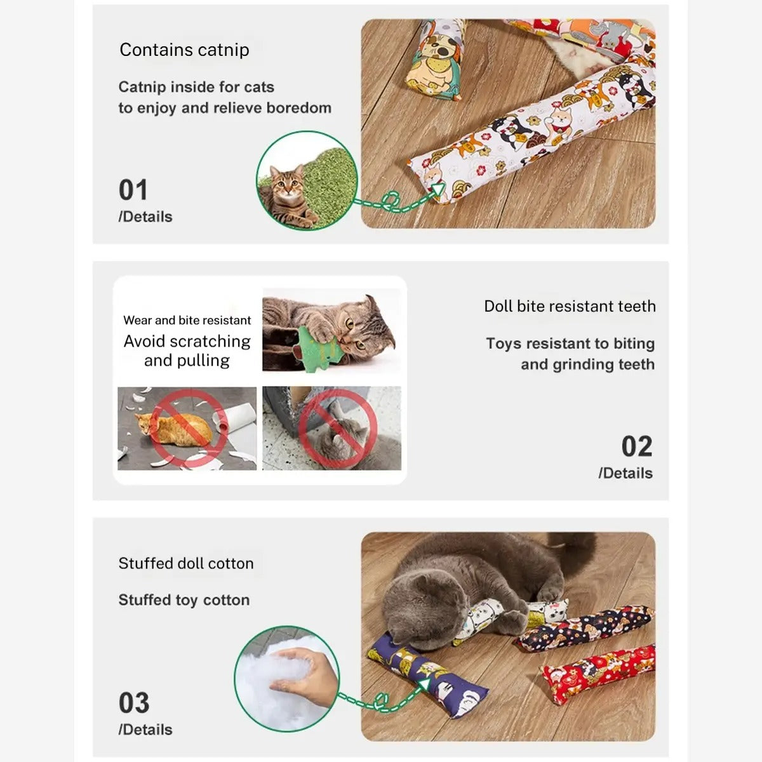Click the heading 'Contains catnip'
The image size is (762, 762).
click(x=184, y=50)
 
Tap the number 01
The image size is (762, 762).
click(x=133, y=190)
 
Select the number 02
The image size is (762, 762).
click(x=636, y=446)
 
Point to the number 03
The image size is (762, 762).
click(x=133, y=703)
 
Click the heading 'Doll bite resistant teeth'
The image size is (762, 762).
click(x=570, y=306)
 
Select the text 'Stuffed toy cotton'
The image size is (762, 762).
click(x=184, y=600)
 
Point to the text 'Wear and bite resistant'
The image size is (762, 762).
click(x=187, y=320)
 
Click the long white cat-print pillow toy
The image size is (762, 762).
click(x=533, y=133)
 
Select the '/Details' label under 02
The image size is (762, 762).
click(x=625, y=473)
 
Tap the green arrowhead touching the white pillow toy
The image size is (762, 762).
click(x=437, y=190)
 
